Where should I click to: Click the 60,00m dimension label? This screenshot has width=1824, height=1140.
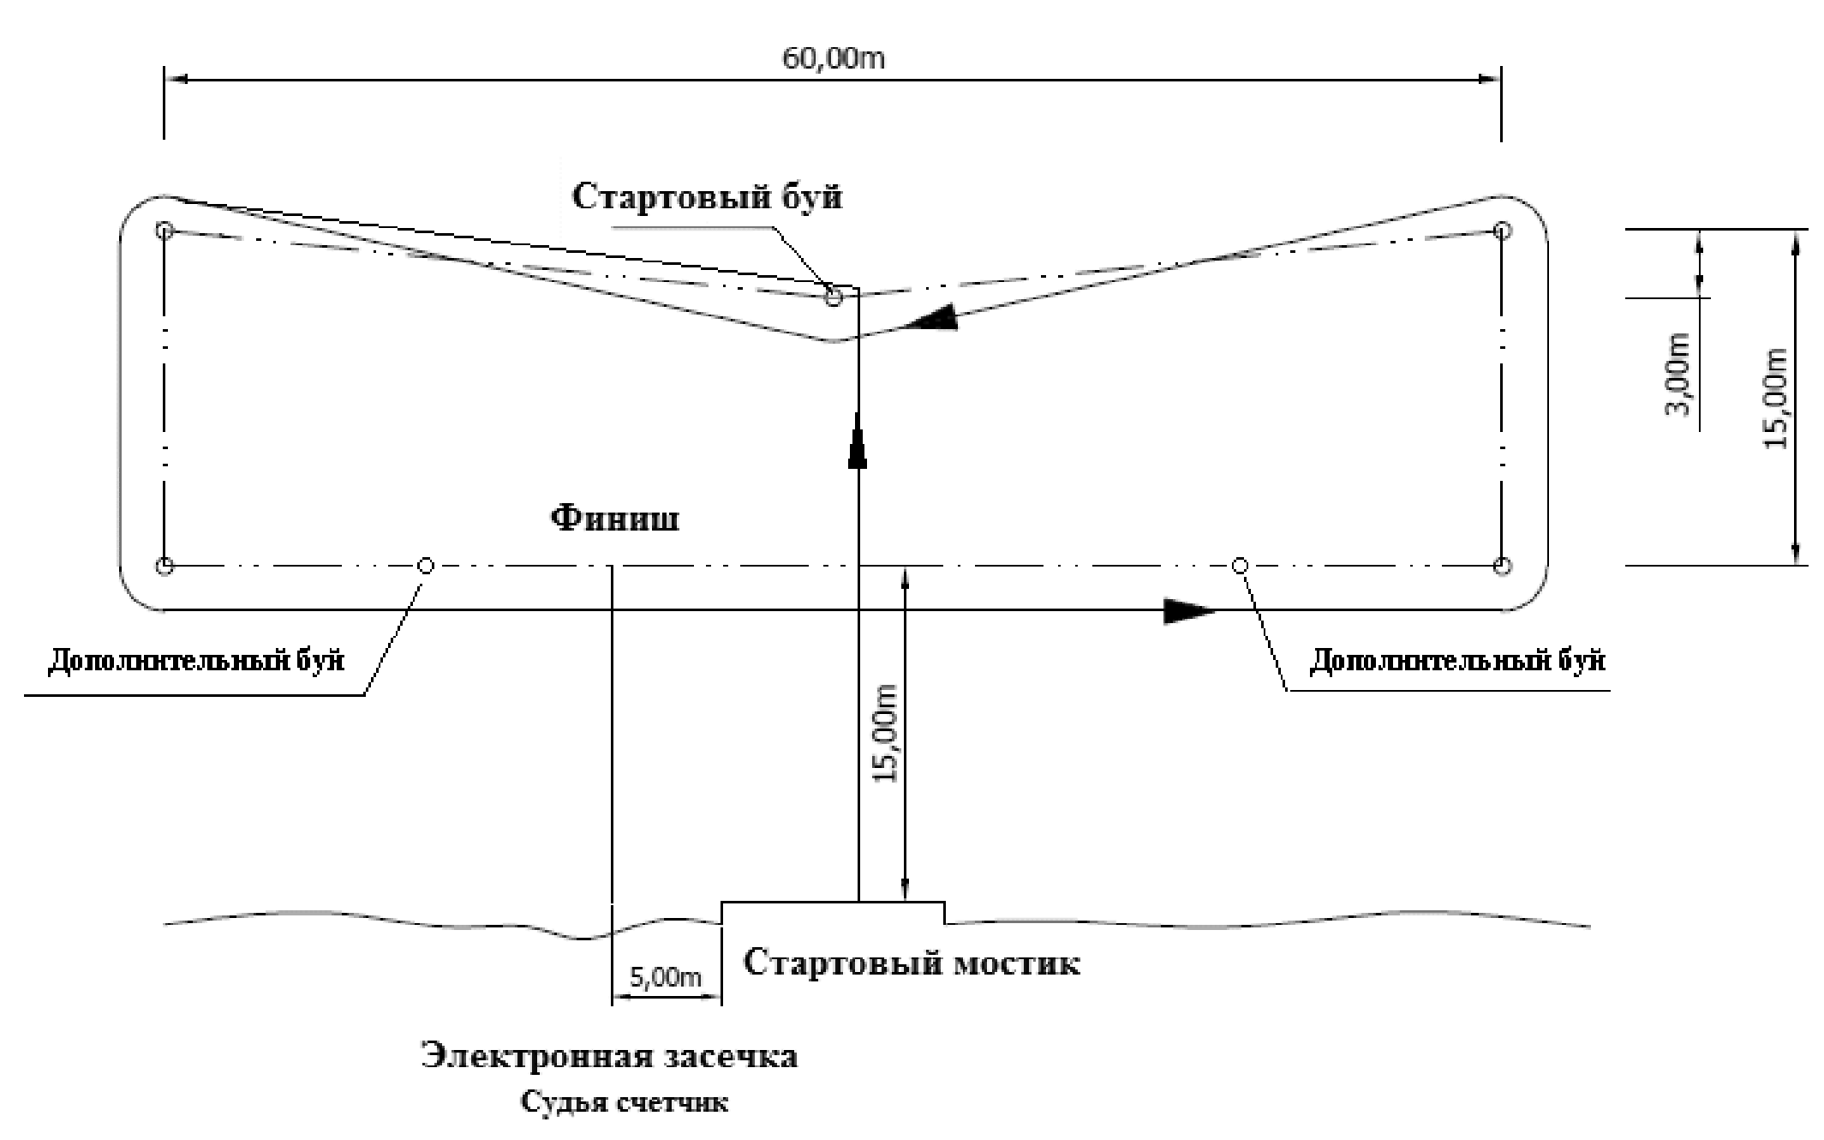pyautogui.click(x=833, y=58)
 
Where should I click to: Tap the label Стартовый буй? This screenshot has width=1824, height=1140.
pyautogui.click(x=707, y=197)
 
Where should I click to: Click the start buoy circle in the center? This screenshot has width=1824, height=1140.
pyautogui.click(x=833, y=297)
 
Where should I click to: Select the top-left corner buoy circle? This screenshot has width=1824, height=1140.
pyautogui.click(x=165, y=231)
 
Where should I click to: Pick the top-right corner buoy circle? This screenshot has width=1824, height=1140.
pyautogui.click(x=1502, y=231)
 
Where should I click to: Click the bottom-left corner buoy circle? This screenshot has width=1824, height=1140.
pyautogui.click(x=165, y=566)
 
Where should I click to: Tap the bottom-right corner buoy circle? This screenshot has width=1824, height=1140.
pyautogui.click(x=1502, y=566)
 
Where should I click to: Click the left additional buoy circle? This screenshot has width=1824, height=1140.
pyautogui.click(x=425, y=566)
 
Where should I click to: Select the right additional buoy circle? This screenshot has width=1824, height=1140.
pyautogui.click(x=1239, y=566)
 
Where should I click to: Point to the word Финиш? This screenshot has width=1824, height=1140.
pyautogui.click(x=615, y=519)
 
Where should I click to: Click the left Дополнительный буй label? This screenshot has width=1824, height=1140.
pyautogui.click(x=196, y=661)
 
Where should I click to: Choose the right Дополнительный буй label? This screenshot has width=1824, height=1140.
pyautogui.click(x=1457, y=661)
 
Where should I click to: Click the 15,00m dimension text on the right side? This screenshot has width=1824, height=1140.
pyautogui.click(x=1776, y=399)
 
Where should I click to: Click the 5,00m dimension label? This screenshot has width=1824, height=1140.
pyautogui.click(x=666, y=977)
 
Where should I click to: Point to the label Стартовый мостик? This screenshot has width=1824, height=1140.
pyautogui.click(x=911, y=963)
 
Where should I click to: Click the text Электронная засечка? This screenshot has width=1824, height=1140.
pyautogui.click(x=609, y=1055)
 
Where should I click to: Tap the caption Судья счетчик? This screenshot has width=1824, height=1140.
pyautogui.click(x=625, y=1101)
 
